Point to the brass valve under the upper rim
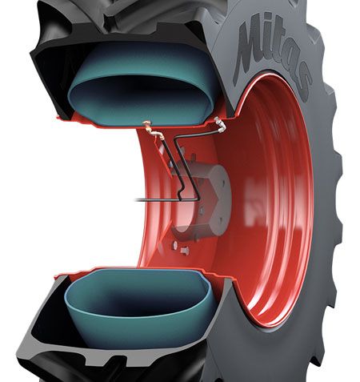click(147, 126)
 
